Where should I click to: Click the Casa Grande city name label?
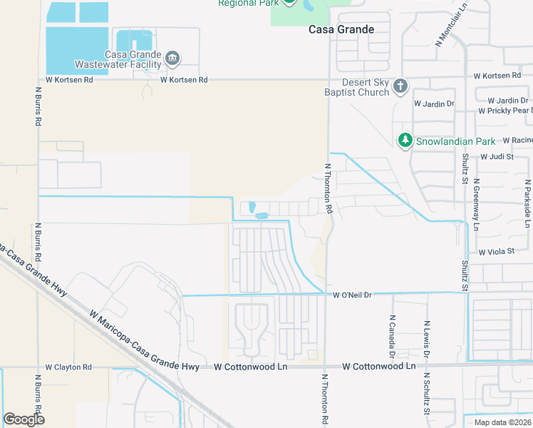tap(341, 29)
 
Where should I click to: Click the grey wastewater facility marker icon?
tap(172, 58)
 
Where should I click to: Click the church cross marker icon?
tap(400, 87)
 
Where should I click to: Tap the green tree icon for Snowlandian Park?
tap(405, 141)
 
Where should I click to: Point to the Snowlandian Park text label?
tap(456, 141)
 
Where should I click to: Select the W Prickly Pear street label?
tap(505, 111)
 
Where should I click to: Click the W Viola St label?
tap(496, 253)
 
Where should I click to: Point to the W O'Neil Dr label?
tap(353, 295)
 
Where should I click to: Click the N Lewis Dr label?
tap(427, 336)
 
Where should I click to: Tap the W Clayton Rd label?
tap(68, 367)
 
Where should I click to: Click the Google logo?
tap(24, 419)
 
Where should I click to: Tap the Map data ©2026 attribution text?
tap(502, 422)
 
